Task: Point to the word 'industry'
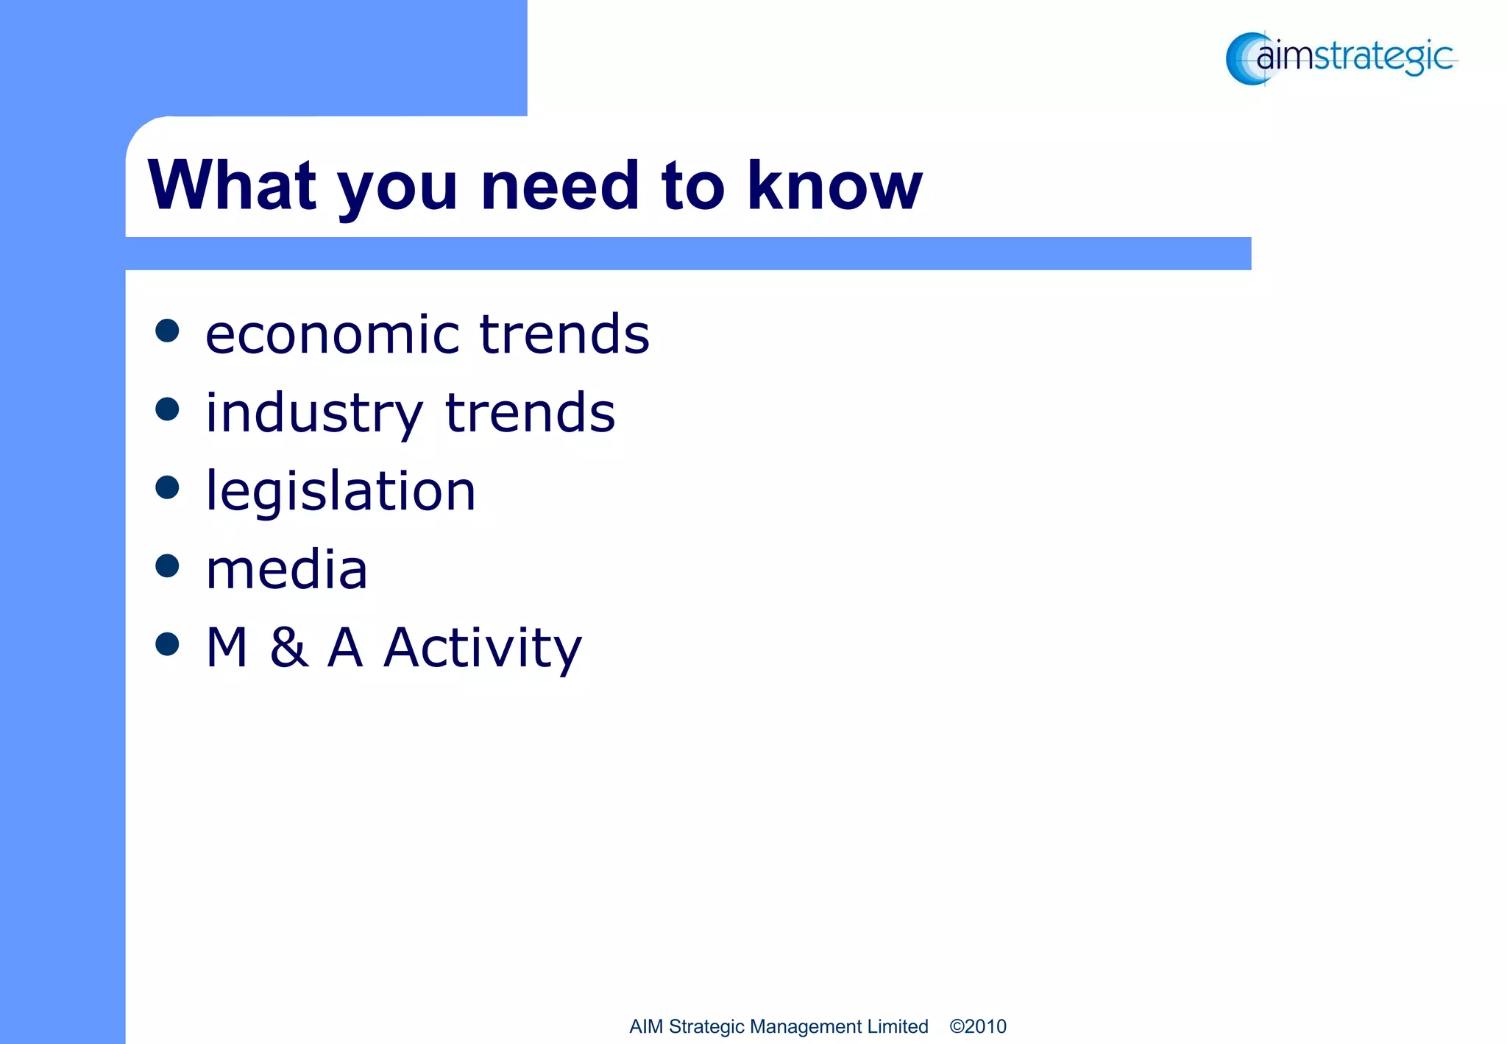coord(314,414)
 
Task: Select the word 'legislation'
coord(341,491)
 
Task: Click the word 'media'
coord(286,570)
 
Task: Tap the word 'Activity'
coord(483,649)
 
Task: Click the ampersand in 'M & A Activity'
coord(288,649)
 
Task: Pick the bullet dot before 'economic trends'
coord(168,331)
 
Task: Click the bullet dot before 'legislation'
coord(168,487)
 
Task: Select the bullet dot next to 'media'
coord(168,565)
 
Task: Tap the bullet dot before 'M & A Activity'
coord(168,644)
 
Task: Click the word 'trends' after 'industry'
coord(531,413)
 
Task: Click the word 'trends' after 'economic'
coord(564,335)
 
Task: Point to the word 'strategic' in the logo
coord(1383,57)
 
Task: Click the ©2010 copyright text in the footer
coord(977,1026)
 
